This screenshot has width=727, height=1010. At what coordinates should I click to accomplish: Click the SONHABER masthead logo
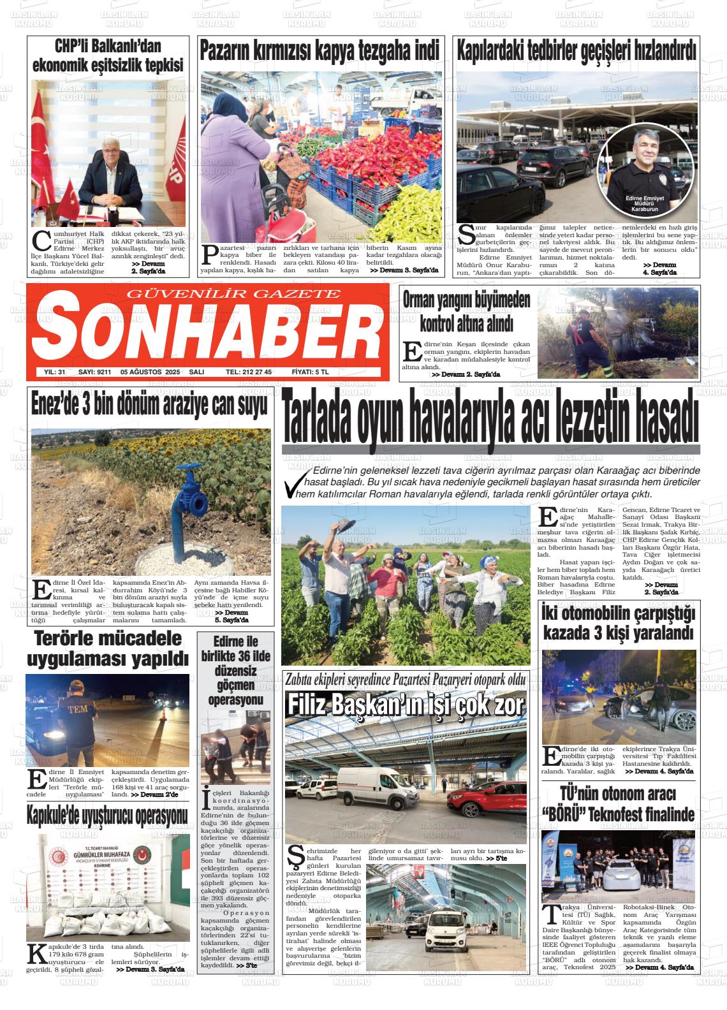[x=205, y=330]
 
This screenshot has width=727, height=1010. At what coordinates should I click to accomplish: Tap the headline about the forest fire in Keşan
[x=466, y=311]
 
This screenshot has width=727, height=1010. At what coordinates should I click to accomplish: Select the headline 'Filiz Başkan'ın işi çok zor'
[x=406, y=705]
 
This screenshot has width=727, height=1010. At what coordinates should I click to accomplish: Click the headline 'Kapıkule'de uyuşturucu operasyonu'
[x=108, y=814]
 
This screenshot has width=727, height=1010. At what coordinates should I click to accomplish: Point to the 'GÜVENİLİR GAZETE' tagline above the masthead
[x=234, y=293]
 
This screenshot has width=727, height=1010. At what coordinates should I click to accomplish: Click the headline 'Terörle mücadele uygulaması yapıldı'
[x=108, y=649]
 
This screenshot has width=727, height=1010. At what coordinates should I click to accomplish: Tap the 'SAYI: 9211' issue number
[x=94, y=372]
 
